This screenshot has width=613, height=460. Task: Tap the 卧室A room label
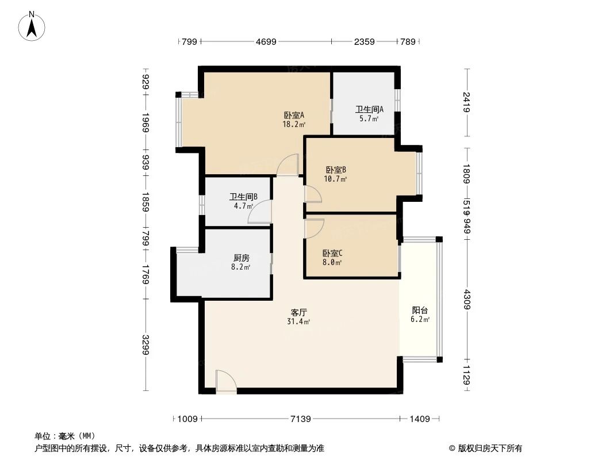[x=294, y=115]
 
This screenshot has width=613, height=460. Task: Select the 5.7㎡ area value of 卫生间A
[x=369, y=119]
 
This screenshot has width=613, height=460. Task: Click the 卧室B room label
[x=335, y=170]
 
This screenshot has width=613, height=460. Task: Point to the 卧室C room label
[x=332, y=253]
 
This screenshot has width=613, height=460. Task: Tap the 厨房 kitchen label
[x=242, y=258]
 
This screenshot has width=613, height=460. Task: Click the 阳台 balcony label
[x=420, y=310]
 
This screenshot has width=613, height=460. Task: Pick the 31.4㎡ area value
[x=298, y=322]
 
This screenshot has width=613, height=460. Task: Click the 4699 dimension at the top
[x=266, y=41]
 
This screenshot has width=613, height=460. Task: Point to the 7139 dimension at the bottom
[x=300, y=419]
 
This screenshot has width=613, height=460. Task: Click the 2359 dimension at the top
[x=364, y=41]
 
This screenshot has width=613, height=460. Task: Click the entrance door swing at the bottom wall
[x=225, y=382]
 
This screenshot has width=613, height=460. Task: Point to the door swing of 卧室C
[x=315, y=227]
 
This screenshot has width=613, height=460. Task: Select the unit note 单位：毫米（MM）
[x=65, y=436]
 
